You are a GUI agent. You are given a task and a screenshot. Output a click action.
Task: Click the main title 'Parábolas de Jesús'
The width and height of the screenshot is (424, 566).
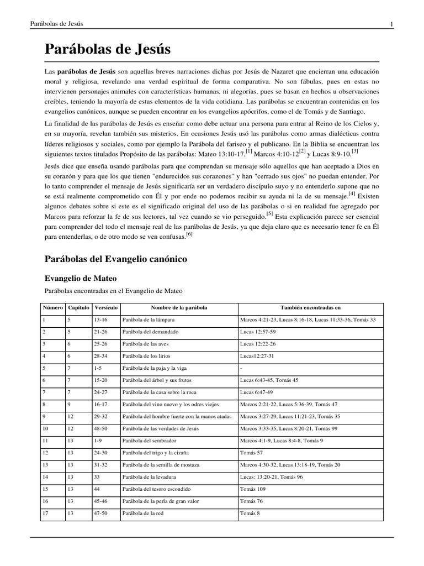point(108,50)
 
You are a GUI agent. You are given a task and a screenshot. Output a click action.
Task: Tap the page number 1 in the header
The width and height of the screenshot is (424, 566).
point(391,24)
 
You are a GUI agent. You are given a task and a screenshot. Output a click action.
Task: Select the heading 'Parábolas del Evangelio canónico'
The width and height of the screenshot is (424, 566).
point(115,259)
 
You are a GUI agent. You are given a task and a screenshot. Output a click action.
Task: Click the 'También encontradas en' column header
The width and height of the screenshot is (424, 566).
point(311,307)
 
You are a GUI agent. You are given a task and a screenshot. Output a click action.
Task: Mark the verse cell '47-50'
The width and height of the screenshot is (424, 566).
point(101,512)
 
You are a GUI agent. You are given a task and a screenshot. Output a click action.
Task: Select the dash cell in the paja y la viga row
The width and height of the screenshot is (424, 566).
point(241,368)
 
